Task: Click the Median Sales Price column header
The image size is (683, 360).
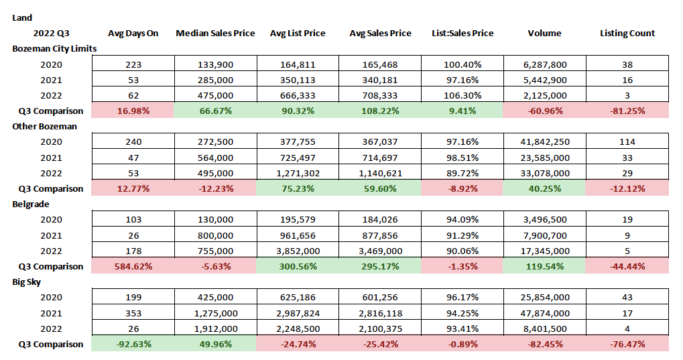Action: (x=215, y=33)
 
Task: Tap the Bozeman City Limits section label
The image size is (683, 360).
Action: (x=54, y=48)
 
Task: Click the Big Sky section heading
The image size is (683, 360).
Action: (x=27, y=282)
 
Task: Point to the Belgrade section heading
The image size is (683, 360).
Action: (x=31, y=204)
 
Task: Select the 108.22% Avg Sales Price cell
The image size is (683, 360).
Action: (x=381, y=111)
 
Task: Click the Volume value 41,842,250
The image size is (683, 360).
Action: (x=544, y=142)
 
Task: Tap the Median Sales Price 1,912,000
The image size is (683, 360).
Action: (x=215, y=328)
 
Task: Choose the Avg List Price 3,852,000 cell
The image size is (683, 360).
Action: (x=297, y=251)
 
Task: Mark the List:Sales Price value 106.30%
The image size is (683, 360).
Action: (x=462, y=95)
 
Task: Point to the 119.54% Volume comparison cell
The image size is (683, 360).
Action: (x=544, y=266)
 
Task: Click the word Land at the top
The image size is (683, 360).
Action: (x=21, y=17)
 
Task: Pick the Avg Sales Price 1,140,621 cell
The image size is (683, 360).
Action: (x=381, y=173)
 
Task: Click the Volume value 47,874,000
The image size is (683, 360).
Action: (x=544, y=313)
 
